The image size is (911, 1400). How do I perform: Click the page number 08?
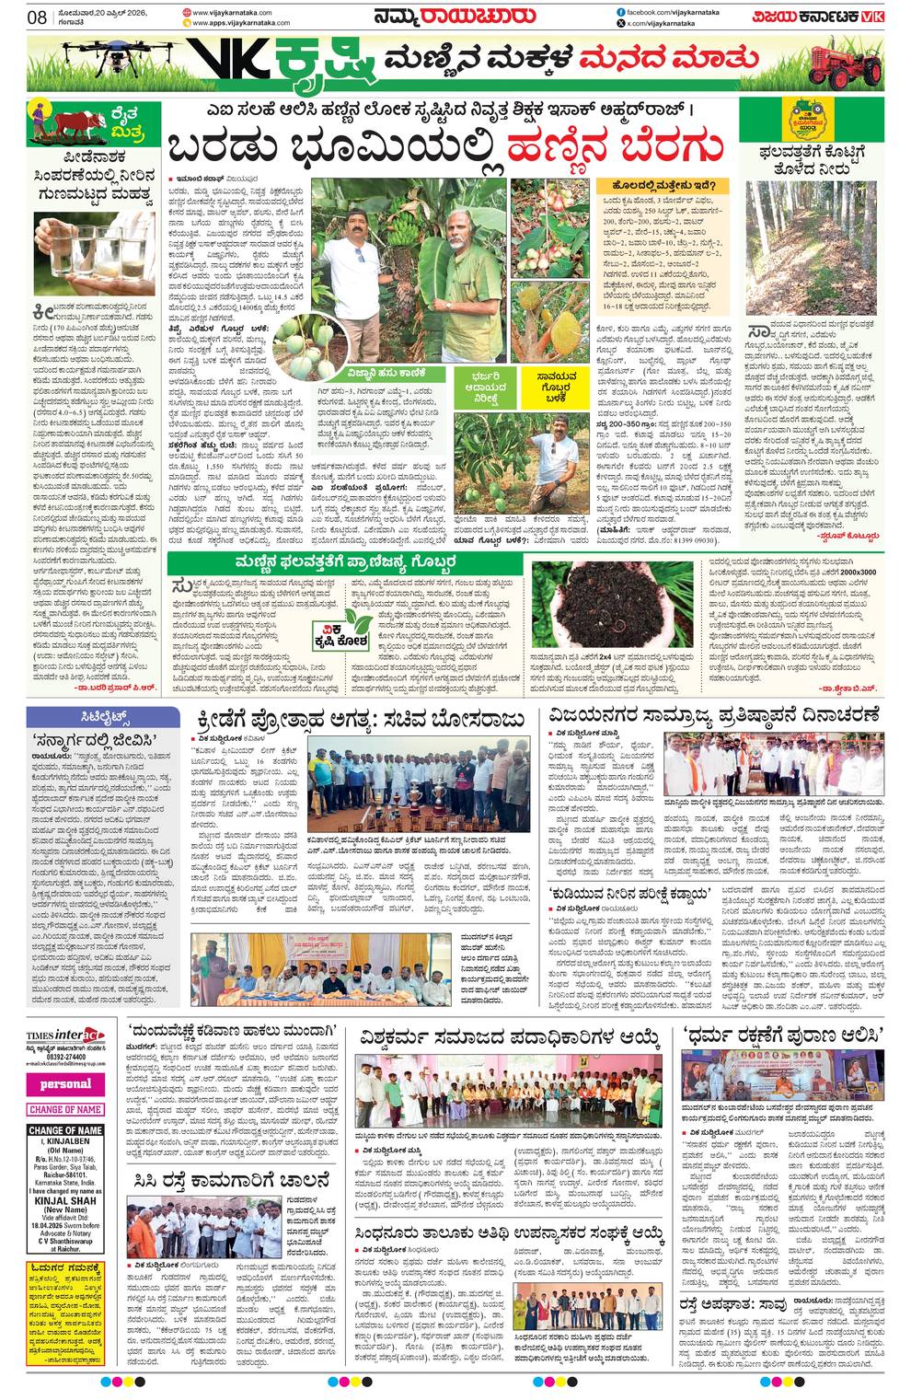click(x=38, y=17)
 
